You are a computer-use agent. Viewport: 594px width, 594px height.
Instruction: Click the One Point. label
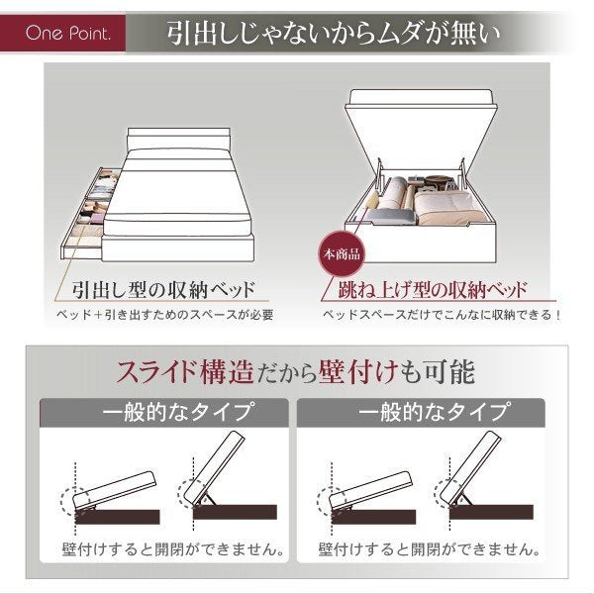click(68, 34)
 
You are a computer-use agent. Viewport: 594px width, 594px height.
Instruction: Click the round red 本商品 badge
click(342, 254)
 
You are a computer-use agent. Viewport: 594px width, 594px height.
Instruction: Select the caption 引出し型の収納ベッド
click(163, 290)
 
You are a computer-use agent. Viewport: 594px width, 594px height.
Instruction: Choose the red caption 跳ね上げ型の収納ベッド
click(433, 290)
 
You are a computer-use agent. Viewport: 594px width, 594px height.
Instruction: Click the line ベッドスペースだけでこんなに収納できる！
click(442, 315)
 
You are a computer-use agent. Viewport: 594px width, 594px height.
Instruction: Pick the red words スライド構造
click(184, 371)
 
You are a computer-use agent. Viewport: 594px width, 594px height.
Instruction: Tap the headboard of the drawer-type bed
click(178, 138)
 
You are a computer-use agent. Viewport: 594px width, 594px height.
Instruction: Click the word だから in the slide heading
click(286, 373)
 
